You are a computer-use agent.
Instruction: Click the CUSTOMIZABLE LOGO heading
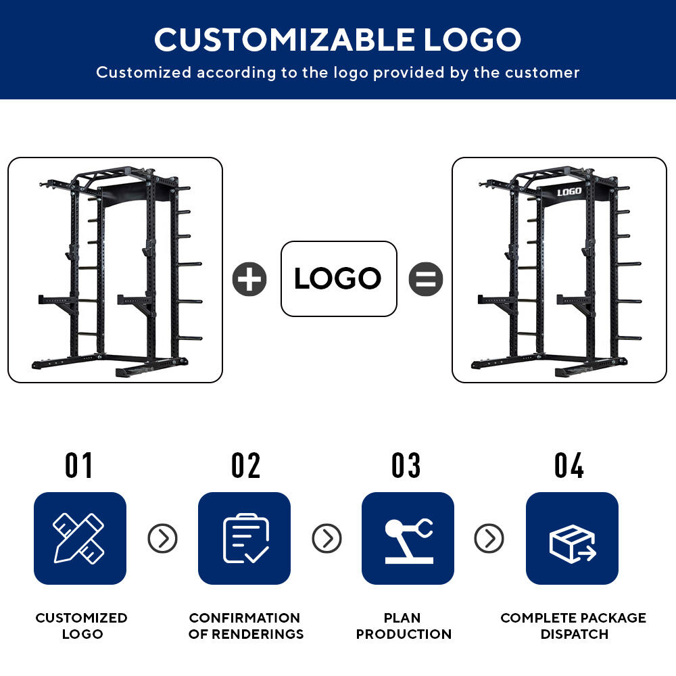coord(337,40)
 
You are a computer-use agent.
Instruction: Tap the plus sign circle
coord(249,279)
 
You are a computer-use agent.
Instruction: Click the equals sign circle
coord(425,279)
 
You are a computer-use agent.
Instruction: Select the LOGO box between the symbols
coord(339,279)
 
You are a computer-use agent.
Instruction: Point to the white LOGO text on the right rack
coord(569,192)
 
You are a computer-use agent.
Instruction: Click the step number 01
coord(78,466)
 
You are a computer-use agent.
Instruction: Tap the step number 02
coord(246,466)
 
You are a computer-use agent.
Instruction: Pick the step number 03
coord(406,466)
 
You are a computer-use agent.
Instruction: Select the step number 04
coord(569,466)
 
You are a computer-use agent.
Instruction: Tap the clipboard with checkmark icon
coord(244,539)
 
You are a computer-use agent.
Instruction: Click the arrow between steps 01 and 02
coord(162,539)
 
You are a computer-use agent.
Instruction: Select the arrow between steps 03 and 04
coord(489,539)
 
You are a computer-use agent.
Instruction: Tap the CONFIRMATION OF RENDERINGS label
coord(246,625)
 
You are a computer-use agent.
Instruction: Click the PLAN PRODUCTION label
coord(404,625)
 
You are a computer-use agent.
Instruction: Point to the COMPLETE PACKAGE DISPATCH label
coord(573,625)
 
